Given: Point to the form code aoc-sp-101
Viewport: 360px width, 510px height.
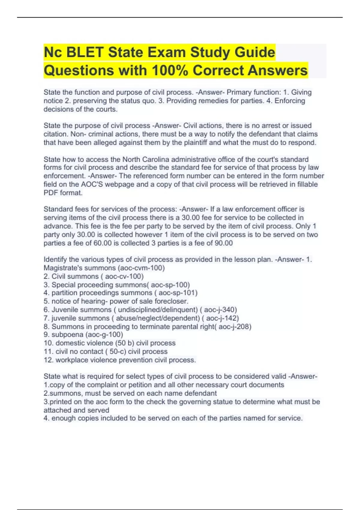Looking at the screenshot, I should click(x=177, y=293).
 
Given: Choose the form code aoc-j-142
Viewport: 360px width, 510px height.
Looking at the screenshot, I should click(x=222, y=318).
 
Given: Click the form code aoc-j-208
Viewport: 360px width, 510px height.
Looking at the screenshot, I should click(x=234, y=326).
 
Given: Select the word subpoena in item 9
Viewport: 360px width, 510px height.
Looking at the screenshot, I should click(x=67, y=334).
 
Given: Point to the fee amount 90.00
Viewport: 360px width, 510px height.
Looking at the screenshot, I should click(x=224, y=243).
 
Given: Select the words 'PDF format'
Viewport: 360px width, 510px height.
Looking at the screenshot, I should click(x=63, y=193).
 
